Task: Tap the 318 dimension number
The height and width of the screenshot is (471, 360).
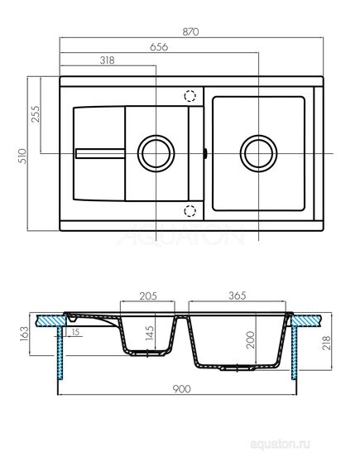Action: pos(104,61)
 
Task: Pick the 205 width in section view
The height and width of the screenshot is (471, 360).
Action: pos(149,295)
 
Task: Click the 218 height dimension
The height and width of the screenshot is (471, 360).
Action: pos(330,342)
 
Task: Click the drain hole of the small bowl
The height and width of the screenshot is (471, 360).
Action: pos(155,153)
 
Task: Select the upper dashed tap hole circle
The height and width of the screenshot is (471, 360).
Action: pos(190,95)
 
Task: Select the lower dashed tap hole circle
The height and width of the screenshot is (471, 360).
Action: pos(190,210)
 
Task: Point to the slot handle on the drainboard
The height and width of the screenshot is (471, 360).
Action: pos(100,151)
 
